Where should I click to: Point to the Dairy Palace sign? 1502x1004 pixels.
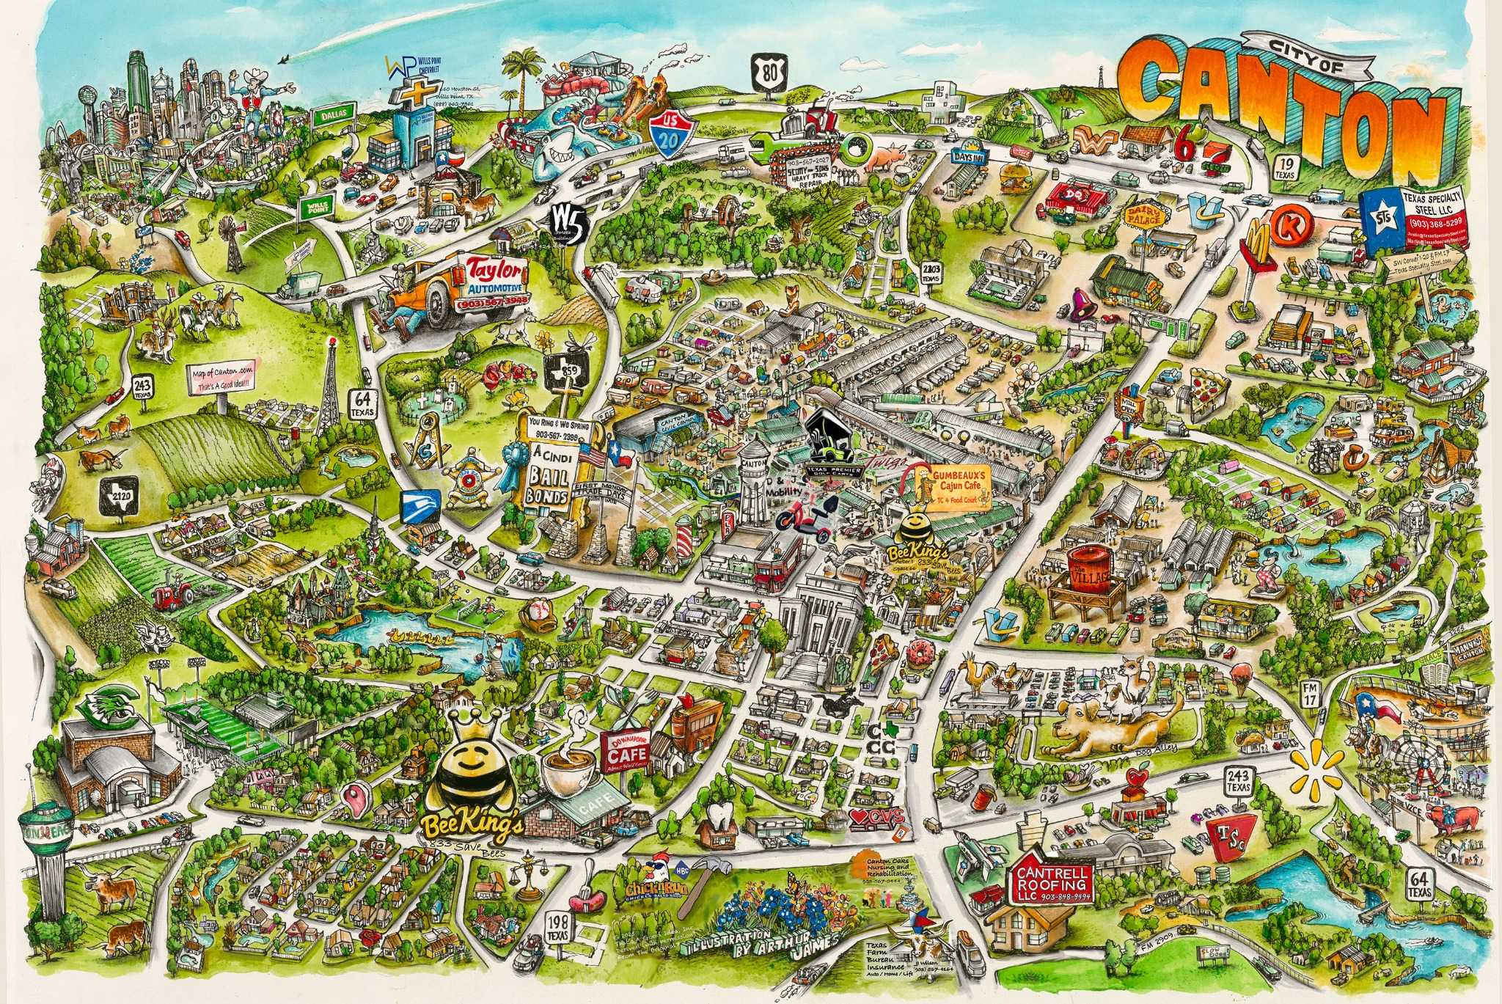click(x=1142, y=216)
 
